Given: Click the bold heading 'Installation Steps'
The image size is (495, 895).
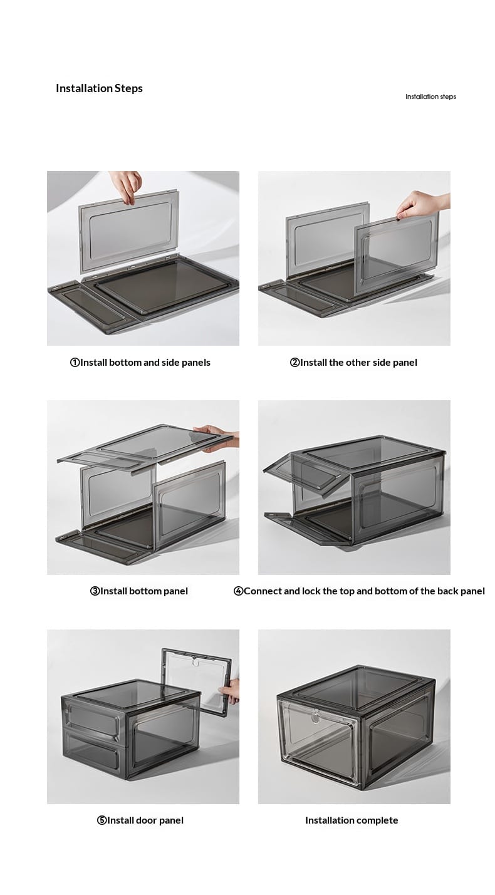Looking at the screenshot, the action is pyautogui.click(x=99, y=88).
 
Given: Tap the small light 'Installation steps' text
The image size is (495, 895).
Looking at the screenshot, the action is pyautogui.click(x=430, y=96).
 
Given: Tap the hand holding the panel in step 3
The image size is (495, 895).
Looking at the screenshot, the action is pyautogui.click(x=218, y=438).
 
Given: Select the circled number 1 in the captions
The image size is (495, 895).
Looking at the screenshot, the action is pyautogui.click(x=75, y=363).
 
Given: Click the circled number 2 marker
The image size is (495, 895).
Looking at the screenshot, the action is pyautogui.click(x=294, y=363).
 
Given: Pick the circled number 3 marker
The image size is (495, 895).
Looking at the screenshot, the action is pyautogui.click(x=95, y=591).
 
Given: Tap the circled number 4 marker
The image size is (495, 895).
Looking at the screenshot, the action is pyautogui.click(x=238, y=591).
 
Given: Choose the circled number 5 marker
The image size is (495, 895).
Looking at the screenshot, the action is pyautogui.click(x=102, y=820).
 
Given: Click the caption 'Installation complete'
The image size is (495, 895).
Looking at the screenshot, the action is pyautogui.click(x=352, y=820).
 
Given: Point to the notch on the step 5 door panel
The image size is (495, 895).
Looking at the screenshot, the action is pyautogui.click(x=195, y=662).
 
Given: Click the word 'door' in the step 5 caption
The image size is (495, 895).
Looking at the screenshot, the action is pyautogui.click(x=146, y=820).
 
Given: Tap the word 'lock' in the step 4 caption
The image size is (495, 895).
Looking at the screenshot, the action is pyautogui.click(x=311, y=591).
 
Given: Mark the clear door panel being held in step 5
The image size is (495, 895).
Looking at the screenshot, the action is pyautogui.click(x=196, y=681).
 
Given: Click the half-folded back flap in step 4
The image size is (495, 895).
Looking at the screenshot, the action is pyautogui.click(x=304, y=476).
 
